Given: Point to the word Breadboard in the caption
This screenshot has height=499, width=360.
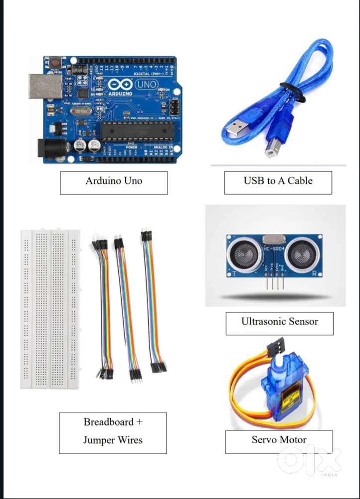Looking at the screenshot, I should (x=109, y=422).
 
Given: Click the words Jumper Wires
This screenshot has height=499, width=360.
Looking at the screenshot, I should (x=113, y=440).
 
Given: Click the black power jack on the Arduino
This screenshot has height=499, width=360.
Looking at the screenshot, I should (x=52, y=148).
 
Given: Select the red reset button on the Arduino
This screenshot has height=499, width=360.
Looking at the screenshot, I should (x=55, y=63).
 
